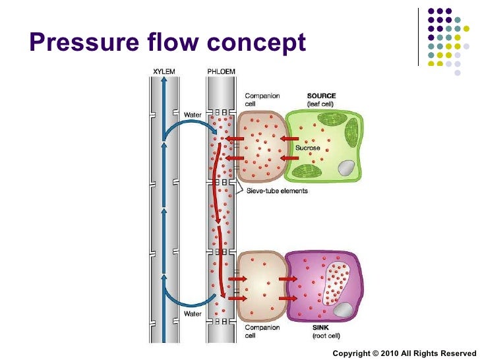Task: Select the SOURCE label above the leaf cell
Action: tap(322, 96)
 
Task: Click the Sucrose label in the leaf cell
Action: tap(307, 148)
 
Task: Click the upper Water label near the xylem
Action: tap(193, 115)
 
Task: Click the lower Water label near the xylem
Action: tap(193, 314)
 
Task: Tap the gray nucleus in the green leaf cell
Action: tap(345, 169)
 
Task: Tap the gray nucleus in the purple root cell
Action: tap(342, 309)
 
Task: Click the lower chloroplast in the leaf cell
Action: tap(305, 171)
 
